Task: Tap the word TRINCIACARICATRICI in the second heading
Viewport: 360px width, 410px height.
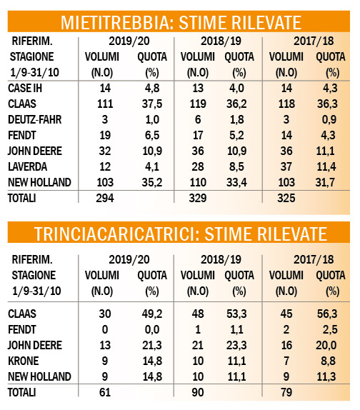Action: coord(117,234)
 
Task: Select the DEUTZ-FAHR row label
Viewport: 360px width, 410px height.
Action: coord(35,119)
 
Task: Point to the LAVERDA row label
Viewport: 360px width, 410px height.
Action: coord(27,166)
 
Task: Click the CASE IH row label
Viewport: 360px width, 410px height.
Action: coord(25,88)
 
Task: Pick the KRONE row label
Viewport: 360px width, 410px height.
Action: coord(24,361)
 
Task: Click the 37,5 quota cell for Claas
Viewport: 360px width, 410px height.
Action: coord(152,104)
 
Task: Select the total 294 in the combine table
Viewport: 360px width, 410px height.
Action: coord(105,198)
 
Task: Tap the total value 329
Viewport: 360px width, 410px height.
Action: coord(198,198)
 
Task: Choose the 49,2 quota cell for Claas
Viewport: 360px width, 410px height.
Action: coord(152,314)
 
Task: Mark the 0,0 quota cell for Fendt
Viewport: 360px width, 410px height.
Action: coord(152,329)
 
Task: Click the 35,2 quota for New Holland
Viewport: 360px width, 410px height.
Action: coord(152,182)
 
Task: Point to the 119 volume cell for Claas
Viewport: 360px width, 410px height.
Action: coord(198,104)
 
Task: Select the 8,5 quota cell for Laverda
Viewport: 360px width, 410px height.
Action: coord(236,166)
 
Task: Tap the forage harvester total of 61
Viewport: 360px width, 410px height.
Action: coord(105,392)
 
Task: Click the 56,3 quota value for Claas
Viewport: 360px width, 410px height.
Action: coord(327,314)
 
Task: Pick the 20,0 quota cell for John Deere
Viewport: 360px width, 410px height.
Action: coord(326,345)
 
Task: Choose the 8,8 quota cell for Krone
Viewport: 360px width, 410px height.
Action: coord(329,361)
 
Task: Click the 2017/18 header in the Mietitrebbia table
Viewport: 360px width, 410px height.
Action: coord(314,41)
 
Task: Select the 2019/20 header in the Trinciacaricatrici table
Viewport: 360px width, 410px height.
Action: coord(129,260)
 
